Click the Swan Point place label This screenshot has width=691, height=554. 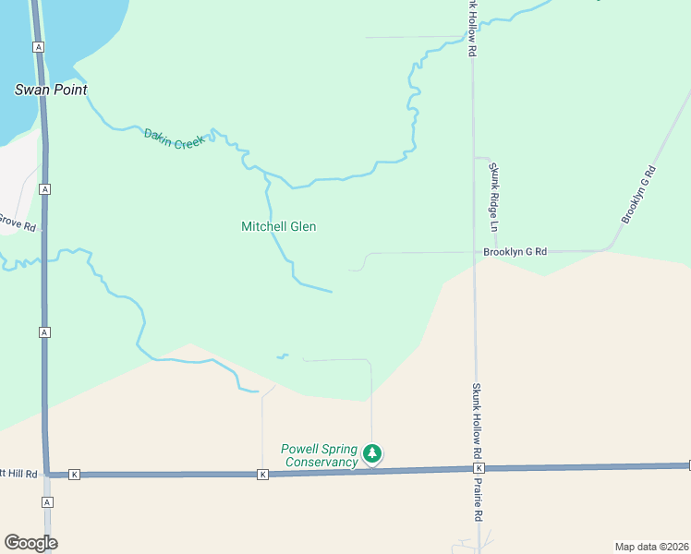(51, 90)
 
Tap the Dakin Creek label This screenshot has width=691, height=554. (174, 138)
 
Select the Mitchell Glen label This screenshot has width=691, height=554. (278, 226)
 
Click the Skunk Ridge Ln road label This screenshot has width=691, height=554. (494, 197)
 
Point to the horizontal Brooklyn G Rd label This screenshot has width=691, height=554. (515, 251)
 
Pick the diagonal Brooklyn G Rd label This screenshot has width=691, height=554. (638, 194)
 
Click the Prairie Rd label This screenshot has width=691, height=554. (479, 502)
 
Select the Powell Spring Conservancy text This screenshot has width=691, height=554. (319, 455)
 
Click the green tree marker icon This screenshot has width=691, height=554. (372, 453)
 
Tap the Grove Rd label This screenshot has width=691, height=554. (17, 222)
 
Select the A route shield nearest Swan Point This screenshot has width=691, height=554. (38, 46)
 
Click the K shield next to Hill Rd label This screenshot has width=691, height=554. (75, 475)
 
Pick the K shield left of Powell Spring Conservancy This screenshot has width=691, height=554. (262, 475)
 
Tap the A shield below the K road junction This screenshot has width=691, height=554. (47, 502)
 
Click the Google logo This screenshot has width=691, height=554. (30, 543)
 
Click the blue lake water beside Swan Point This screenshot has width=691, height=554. (83, 28)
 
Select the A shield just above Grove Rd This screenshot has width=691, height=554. (44, 188)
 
